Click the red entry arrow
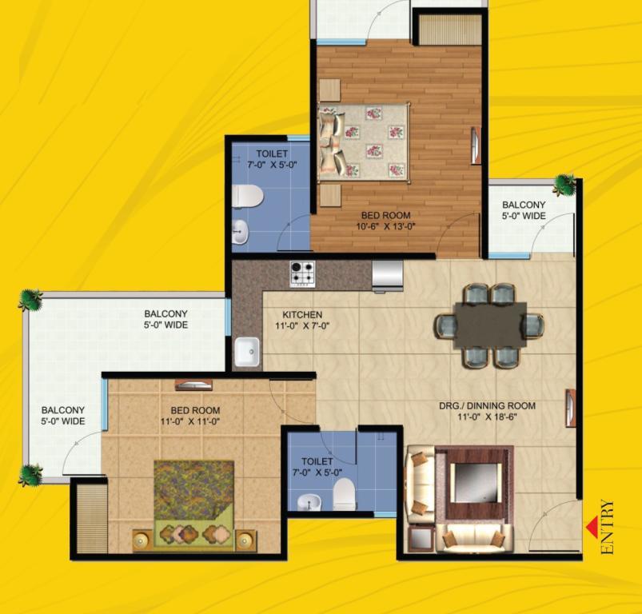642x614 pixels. tap(591, 527)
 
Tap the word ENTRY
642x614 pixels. tap(608, 527)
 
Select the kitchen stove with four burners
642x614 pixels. tap(302, 274)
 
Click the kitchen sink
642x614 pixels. tap(247, 352)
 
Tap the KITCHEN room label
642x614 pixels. tap(302, 315)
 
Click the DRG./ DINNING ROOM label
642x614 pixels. tap(487, 405)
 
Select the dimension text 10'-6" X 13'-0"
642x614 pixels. tap(385, 226)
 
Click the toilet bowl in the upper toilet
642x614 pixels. tap(247, 196)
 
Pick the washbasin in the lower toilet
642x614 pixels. tap(305, 503)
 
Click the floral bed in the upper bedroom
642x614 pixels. tap(364, 142)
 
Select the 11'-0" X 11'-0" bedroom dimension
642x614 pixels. tap(190, 421)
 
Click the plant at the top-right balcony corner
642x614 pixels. tap(565, 184)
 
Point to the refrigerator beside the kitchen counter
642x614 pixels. tap(387, 277)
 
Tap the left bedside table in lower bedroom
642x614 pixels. tap(142, 540)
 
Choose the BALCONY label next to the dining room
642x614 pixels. tap(524, 205)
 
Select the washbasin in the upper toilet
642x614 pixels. tap(241, 232)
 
